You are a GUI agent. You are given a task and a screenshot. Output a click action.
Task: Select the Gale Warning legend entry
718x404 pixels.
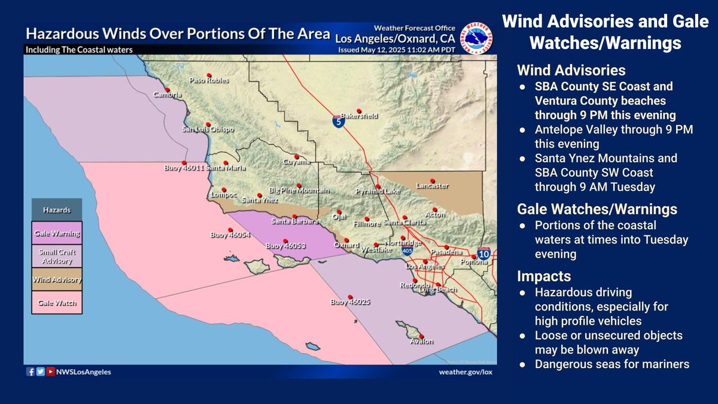click(57, 233)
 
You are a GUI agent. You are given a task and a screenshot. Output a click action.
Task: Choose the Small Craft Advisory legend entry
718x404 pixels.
click(57, 256)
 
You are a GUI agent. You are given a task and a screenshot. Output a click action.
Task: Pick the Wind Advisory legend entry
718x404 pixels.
click(57, 280)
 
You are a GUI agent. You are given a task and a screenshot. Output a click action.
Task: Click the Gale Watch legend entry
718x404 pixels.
click(57, 302)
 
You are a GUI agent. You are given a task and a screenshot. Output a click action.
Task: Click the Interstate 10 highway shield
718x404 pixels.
click(484, 255)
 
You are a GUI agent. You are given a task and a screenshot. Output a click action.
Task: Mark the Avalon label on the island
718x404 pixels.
click(421, 342)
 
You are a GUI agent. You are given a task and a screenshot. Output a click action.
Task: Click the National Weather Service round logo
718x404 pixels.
click(476, 40)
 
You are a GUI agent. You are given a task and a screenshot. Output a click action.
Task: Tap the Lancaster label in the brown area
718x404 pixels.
click(431, 186)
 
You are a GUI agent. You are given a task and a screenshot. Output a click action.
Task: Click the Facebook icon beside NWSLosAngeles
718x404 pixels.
click(31, 372)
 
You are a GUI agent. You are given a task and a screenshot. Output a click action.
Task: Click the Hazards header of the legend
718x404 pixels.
click(57, 211)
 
